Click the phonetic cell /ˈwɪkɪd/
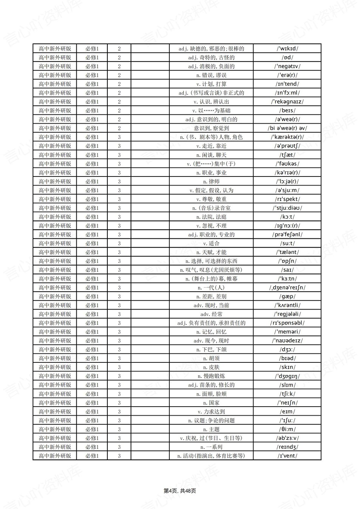tap(287, 48)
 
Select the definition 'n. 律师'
tap(211, 181)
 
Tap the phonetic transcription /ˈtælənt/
tap(287, 252)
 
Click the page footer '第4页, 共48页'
tap(180, 491)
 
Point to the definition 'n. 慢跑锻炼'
tap(211, 376)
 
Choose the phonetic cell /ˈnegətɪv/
tap(287, 66)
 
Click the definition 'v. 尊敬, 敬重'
tap(211, 199)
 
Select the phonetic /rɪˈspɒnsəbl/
tap(287, 323)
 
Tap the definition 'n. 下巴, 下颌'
tap(211, 350)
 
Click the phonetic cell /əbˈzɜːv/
tap(287, 438)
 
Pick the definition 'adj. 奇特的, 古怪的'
tap(211, 57)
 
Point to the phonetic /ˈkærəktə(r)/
tap(287, 137)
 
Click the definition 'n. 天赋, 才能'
tap(211, 252)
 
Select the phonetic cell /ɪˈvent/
tap(287, 456)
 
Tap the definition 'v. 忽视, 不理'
tap(211, 226)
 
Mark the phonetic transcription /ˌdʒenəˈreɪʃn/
tap(287, 288)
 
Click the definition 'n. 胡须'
tap(211, 358)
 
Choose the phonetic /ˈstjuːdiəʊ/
tap(287, 208)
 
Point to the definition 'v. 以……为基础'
tap(211, 110)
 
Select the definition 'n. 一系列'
tap(211, 447)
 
